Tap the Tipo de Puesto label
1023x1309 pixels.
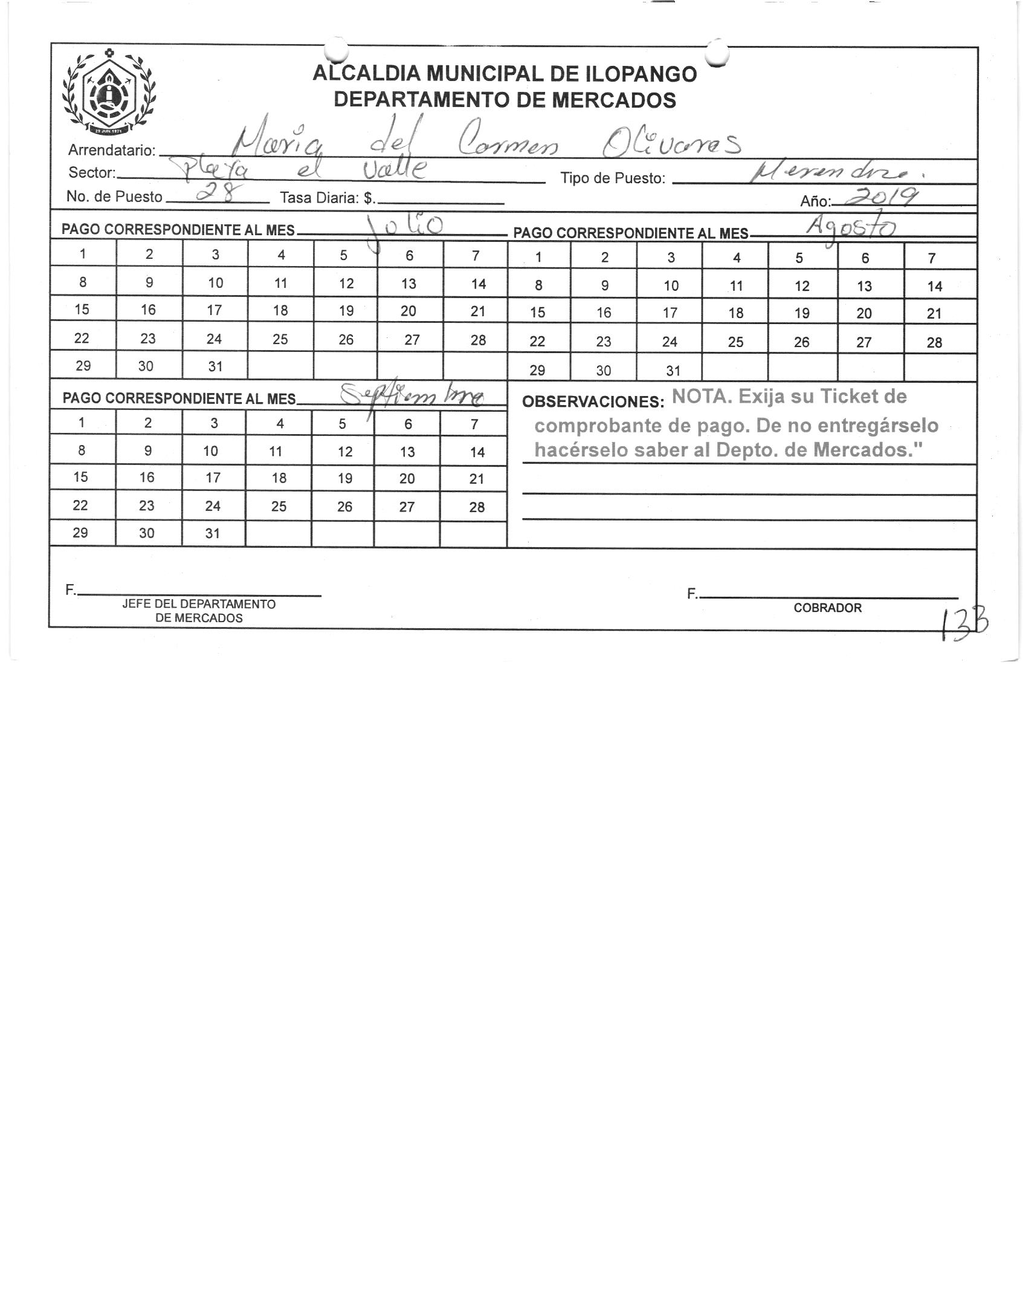(x=613, y=178)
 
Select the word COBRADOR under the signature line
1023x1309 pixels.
(x=827, y=608)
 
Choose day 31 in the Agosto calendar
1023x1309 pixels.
(x=673, y=371)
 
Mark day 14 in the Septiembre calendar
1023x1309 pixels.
(x=477, y=452)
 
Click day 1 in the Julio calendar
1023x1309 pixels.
(x=83, y=254)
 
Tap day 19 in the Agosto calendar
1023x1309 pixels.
(x=802, y=313)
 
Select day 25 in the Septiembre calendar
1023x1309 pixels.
(x=279, y=506)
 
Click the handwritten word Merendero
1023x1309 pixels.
(x=833, y=174)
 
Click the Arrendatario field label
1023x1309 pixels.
(x=112, y=150)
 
